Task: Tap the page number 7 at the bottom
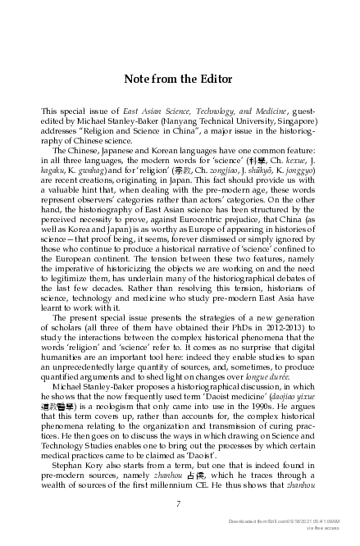coord(179,503)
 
